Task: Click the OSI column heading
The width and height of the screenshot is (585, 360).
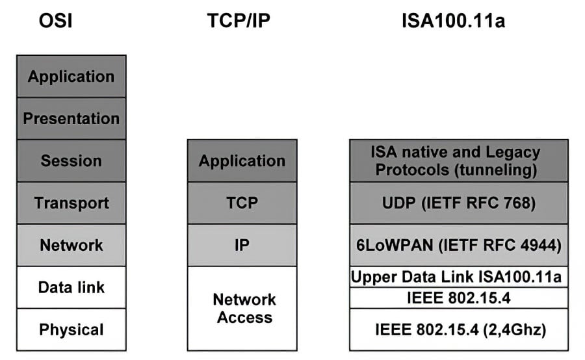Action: (x=55, y=21)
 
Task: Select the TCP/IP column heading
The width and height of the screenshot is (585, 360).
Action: (x=238, y=21)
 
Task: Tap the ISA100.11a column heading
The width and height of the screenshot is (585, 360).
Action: (x=453, y=21)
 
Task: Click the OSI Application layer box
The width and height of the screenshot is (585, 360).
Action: (x=71, y=76)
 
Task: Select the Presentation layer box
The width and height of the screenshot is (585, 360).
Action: (x=71, y=118)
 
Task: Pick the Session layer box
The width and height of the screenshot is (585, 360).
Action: (x=71, y=161)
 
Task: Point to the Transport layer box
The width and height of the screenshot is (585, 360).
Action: (x=71, y=203)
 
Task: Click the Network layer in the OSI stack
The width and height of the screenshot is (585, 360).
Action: (x=71, y=245)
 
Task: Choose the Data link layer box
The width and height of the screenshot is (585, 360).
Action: (x=71, y=287)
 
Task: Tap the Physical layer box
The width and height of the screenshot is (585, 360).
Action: (x=71, y=329)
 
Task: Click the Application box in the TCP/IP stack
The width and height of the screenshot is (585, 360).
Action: (x=242, y=161)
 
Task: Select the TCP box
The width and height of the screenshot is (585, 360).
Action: (x=242, y=203)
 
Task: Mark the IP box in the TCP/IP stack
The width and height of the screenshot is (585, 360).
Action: (x=242, y=245)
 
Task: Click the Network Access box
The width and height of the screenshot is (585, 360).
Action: (x=242, y=309)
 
